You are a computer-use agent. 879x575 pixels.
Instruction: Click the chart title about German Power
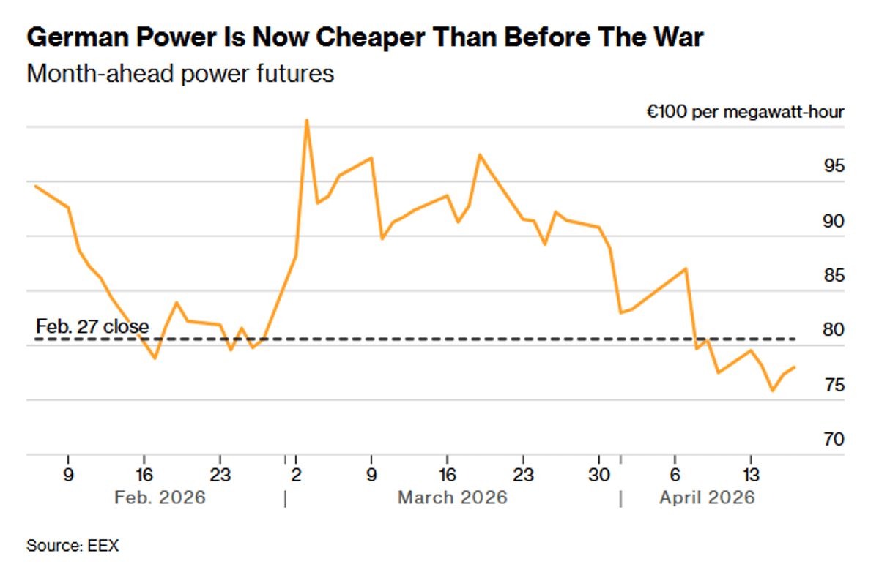[364, 37]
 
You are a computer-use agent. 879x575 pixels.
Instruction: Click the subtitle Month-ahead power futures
[180, 74]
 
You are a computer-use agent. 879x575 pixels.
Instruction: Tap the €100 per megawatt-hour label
[744, 112]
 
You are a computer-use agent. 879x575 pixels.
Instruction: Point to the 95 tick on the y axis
[833, 166]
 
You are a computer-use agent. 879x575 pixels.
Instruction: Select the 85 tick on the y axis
[833, 276]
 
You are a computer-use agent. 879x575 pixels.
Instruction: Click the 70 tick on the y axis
[833, 439]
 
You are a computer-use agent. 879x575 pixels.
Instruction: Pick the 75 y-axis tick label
[833, 385]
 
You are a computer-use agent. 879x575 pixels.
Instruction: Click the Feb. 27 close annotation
[92, 326]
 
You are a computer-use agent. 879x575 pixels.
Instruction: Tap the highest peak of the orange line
[307, 121]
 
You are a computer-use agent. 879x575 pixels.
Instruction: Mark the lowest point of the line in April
[772, 391]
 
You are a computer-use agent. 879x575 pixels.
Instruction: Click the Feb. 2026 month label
[160, 497]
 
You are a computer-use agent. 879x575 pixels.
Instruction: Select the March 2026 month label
[452, 497]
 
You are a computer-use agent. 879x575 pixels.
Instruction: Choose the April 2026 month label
[706, 497]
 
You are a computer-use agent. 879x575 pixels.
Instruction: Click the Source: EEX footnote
[72, 545]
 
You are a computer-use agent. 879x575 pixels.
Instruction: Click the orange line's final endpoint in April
[795, 367]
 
